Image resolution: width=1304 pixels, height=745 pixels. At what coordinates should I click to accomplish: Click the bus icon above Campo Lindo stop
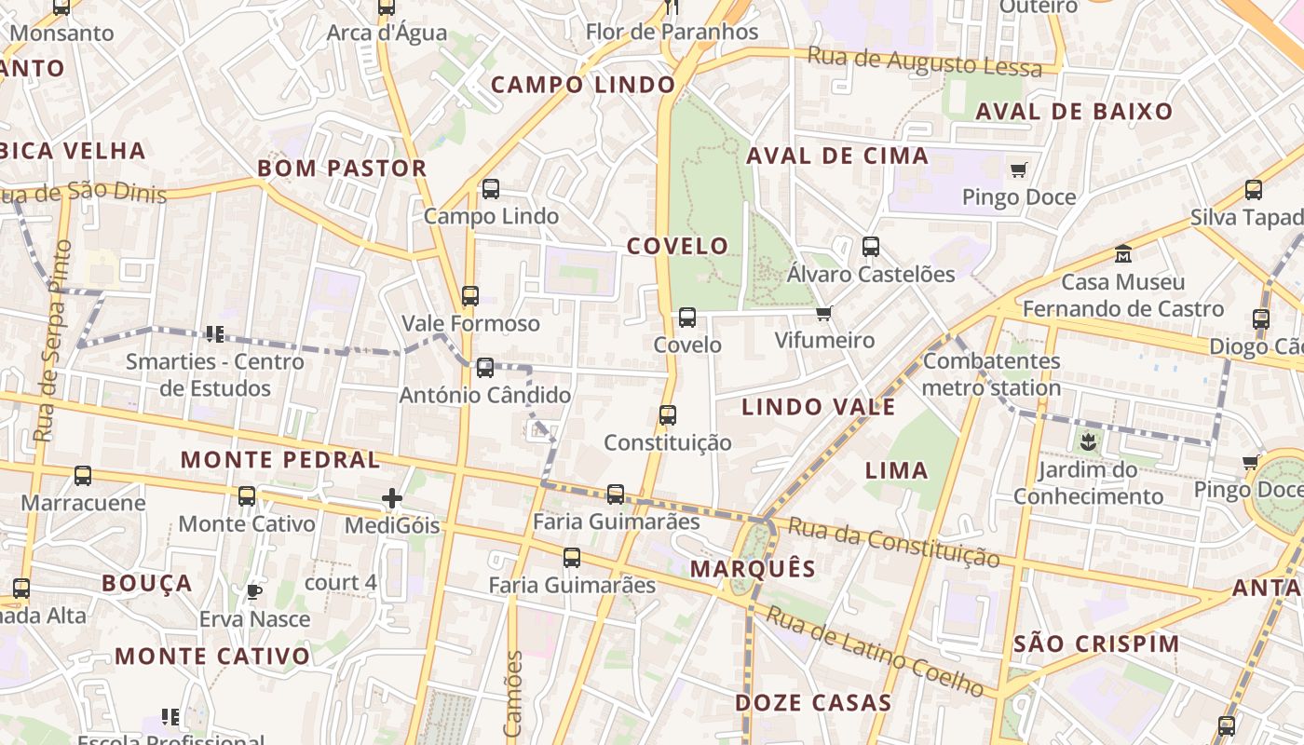[x=491, y=189]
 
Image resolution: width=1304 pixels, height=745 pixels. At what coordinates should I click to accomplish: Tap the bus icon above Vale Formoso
[x=470, y=296]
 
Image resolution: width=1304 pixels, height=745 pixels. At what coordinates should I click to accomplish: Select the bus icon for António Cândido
[x=485, y=367]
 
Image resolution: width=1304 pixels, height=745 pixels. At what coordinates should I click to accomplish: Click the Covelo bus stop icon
[x=687, y=318]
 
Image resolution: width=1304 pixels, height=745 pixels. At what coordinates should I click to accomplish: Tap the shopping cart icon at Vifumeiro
[x=823, y=313]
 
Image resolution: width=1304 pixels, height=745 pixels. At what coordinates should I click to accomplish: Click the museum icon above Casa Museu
[x=1123, y=253]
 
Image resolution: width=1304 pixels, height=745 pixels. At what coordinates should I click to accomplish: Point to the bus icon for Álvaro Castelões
[x=871, y=247]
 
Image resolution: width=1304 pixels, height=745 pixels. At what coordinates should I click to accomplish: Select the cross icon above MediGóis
[x=392, y=498]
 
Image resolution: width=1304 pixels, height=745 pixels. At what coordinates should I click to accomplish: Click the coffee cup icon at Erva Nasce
[x=253, y=591]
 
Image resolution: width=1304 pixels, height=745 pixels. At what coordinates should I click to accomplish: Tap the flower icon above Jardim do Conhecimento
[x=1088, y=440]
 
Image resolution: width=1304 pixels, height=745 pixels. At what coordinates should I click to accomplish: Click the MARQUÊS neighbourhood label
[x=753, y=568]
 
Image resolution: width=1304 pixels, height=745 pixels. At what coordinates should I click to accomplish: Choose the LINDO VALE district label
[x=818, y=406]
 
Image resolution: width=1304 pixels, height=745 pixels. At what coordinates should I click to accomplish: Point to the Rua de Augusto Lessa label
[x=924, y=61]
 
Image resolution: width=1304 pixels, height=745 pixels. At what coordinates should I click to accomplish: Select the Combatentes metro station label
[x=991, y=374]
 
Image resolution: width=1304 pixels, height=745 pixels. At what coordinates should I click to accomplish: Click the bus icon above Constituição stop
[x=668, y=415]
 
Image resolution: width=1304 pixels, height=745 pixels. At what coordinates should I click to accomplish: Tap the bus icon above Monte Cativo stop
[x=247, y=496]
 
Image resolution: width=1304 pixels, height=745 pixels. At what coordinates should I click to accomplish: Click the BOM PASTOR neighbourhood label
[x=342, y=169]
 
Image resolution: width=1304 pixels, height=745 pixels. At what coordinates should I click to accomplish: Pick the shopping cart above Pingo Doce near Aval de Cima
[x=1019, y=169]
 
